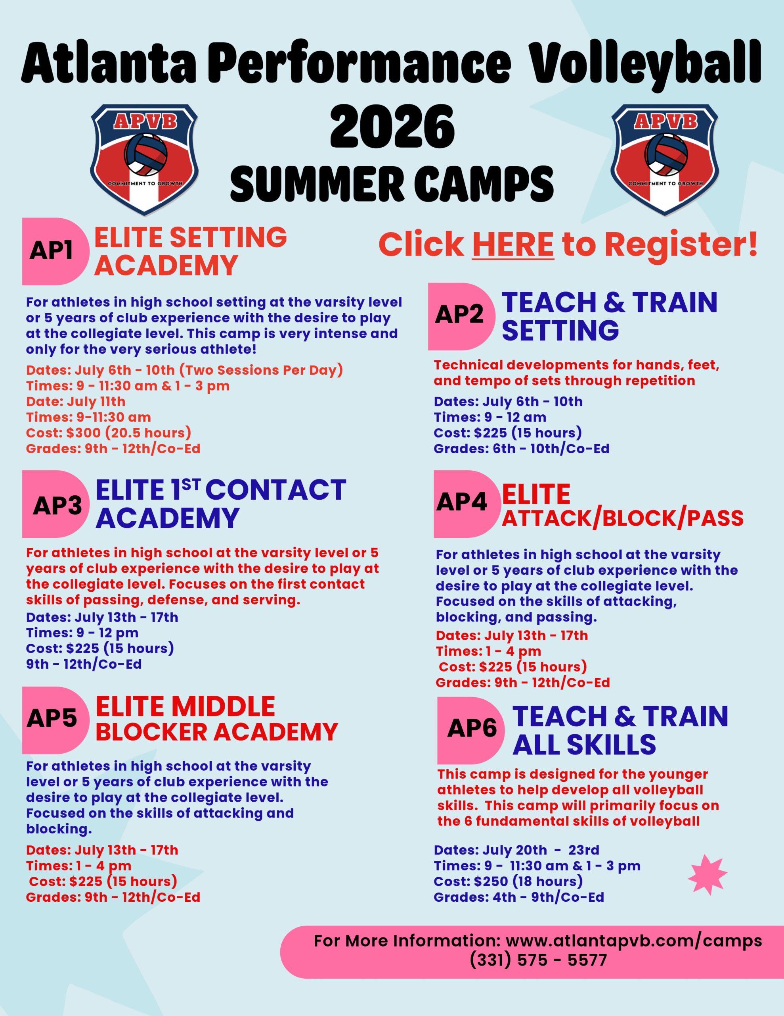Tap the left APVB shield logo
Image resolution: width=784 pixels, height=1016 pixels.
(145, 159)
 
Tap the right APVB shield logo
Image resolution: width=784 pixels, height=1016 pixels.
(665, 159)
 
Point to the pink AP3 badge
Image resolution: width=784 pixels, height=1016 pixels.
(56, 505)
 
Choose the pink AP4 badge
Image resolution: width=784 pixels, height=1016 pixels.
(463, 502)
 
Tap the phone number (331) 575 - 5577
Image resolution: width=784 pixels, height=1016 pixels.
(538, 960)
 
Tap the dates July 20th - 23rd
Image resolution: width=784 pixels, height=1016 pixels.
(541, 851)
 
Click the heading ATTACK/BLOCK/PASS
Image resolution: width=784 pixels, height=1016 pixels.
(622, 519)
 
